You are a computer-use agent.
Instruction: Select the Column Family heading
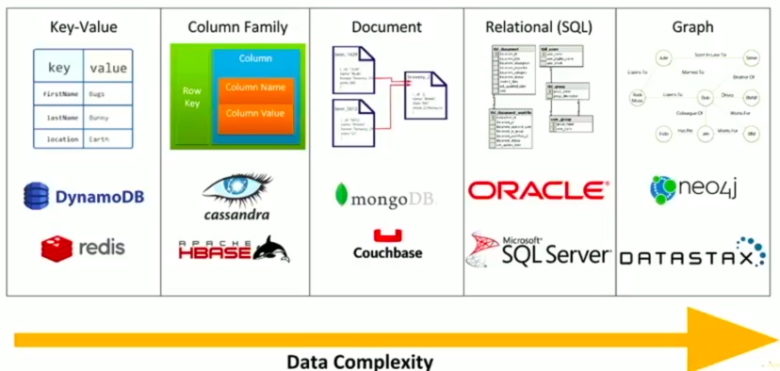point(233,27)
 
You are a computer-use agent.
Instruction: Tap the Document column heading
point(386,27)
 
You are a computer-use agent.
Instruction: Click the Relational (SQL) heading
point(539,27)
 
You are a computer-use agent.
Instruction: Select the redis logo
point(83,248)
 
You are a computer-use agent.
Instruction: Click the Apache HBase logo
point(234,249)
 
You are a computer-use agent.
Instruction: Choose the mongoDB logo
point(387,195)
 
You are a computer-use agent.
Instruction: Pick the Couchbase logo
point(387,244)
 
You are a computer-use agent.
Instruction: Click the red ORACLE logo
point(538,191)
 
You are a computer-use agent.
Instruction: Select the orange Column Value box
point(255,116)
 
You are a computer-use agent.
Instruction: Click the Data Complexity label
point(360,361)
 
